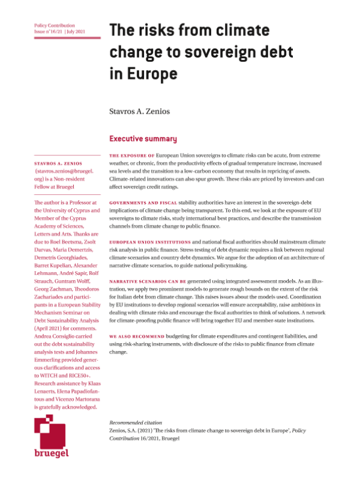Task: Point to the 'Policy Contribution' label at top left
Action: coord(53,26)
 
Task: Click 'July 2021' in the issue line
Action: coord(80,32)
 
